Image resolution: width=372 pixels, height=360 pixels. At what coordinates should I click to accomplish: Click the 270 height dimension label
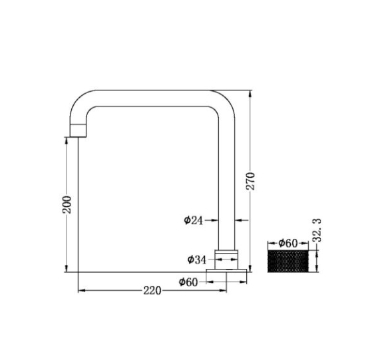(x=251, y=181)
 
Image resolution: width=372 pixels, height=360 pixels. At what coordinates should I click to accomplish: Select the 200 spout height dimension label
(x=67, y=204)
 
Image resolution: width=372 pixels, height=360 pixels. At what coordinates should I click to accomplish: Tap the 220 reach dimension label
(x=152, y=291)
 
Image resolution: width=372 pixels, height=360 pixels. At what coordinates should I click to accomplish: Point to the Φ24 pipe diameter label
(x=194, y=220)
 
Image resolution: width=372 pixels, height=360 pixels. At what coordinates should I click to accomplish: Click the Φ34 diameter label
(x=197, y=260)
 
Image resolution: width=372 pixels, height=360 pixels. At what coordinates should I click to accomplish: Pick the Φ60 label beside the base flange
(x=188, y=282)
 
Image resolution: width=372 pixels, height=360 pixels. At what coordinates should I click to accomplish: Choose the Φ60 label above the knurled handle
(x=287, y=243)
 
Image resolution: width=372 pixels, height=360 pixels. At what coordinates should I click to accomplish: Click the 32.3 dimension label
(x=317, y=230)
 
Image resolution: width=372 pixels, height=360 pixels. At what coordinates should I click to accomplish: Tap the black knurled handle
(x=288, y=261)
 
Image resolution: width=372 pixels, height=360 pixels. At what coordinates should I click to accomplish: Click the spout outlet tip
(x=78, y=136)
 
